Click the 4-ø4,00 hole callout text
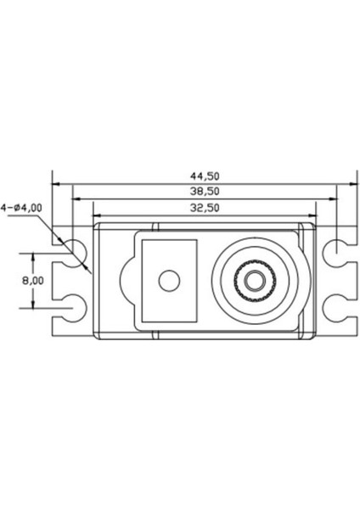(x=23, y=206)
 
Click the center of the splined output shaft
(x=252, y=279)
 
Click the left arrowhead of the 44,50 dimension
(x=55, y=182)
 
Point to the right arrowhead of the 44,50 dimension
(x=349, y=182)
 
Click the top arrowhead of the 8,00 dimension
(x=34, y=254)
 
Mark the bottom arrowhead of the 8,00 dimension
(x=34, y=305)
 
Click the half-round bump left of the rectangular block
(x=127, y=279)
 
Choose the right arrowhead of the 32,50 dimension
(x=312, y=213)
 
